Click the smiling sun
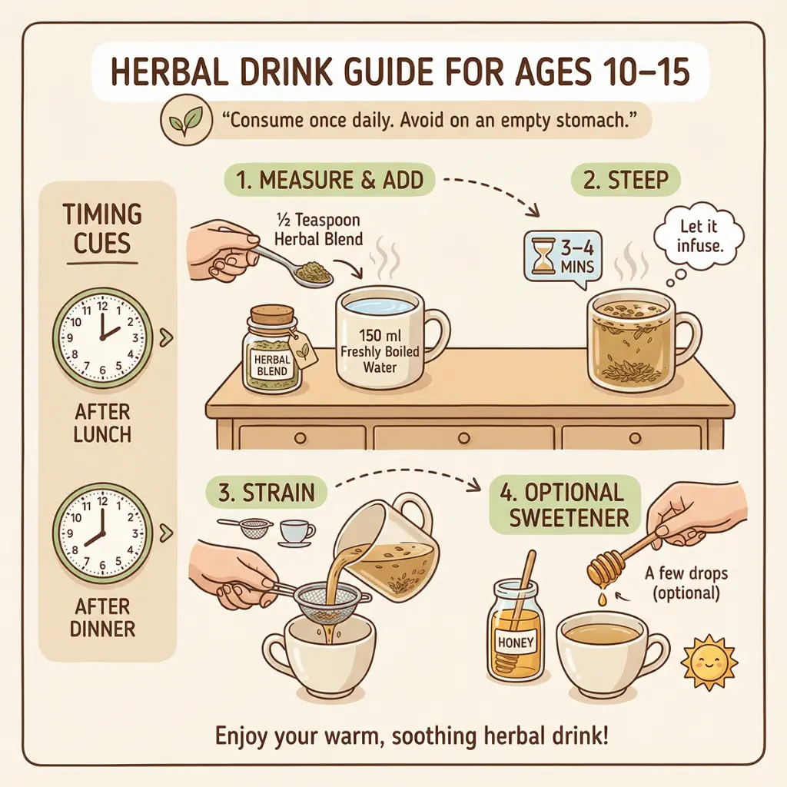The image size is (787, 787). pos(708,662)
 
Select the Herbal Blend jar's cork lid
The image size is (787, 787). pos(271,315)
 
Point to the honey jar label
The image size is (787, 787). pos(516,643)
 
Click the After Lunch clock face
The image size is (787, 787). pos(102,338)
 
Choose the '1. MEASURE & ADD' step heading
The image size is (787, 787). pos(329,180)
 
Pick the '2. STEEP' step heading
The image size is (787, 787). pos(626,180)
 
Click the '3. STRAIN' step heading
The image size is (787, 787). pos(267,493)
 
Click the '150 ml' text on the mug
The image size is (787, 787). pos(380,335)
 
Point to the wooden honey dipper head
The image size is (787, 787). pos(600,569)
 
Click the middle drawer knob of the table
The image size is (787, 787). pos(463,438)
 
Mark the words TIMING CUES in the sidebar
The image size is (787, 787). pos(102,228)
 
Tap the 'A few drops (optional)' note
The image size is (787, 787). pos(686,583)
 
